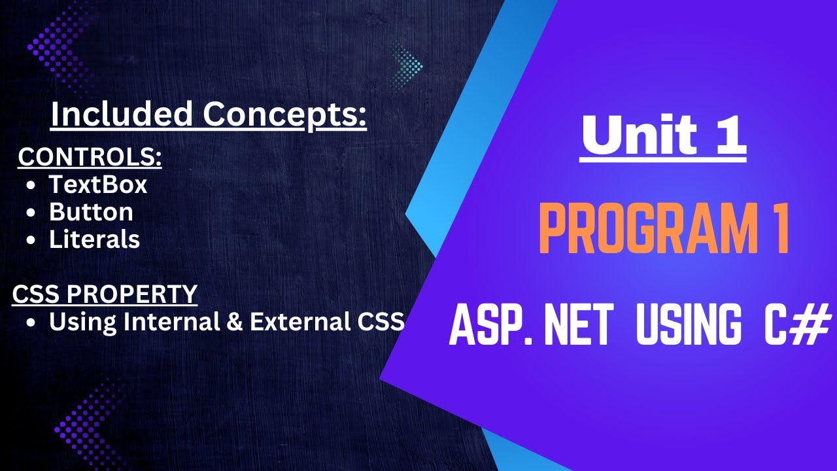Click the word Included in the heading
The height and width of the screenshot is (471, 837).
pyautogui.click(x=121, y=114)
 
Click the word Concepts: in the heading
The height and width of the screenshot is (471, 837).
pyautogui.click(x=284, y=114)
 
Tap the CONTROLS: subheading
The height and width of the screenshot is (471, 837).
pyautogui.click(x=90, y=158)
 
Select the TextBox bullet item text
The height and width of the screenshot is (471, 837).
pyautogui.click(x=98, y=185)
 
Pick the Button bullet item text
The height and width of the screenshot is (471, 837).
pyautogui.click(x=91, y=212)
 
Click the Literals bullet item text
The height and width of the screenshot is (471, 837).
pyautogui.click(x=94, y=239)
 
